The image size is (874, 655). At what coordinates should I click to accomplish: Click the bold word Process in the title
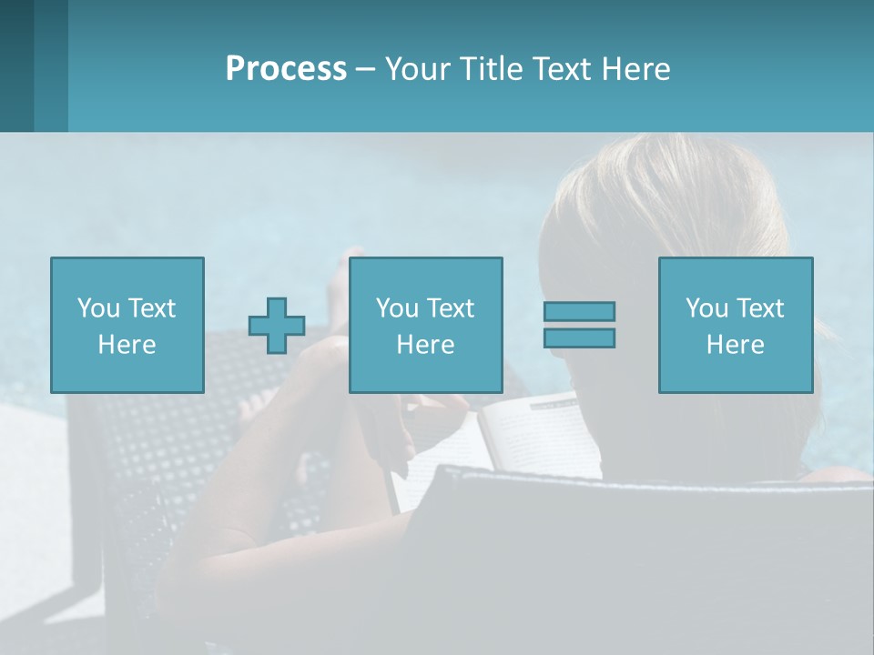click(286, 69)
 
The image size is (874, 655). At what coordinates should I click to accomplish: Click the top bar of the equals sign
click(579, 312)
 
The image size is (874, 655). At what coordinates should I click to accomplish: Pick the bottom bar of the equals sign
click(579, 338)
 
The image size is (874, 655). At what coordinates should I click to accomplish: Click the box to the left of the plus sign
click(127, 325)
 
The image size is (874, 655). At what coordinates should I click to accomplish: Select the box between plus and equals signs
click(425, 325)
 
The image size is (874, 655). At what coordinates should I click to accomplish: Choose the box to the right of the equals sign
click(735, 325)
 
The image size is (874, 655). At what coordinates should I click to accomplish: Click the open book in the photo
click(537, 437)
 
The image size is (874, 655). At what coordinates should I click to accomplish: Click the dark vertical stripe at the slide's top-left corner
click(16, 65)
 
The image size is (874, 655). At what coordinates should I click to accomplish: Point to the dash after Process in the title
click(366, 69)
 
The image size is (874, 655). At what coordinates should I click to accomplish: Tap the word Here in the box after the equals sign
click(735, 345)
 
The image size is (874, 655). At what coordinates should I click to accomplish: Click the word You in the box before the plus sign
click(97, 308)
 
